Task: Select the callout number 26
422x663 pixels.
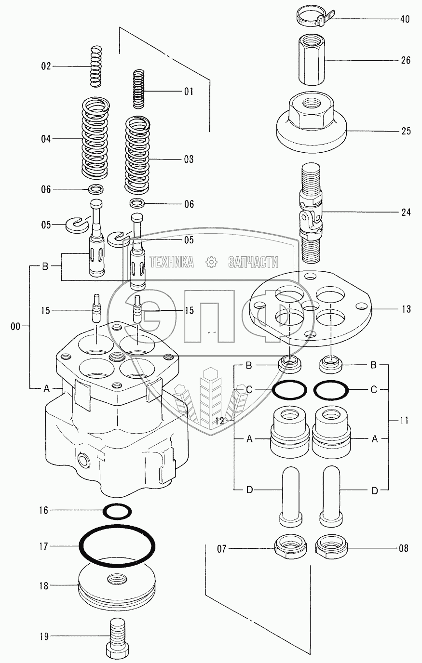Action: click(x=406, y=60)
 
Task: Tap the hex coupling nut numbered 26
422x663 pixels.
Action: click(x=313, y=60)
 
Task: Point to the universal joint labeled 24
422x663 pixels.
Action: click(x=311, y=212)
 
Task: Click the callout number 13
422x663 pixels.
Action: click(x=406, y=309)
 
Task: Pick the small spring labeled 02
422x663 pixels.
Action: click(x=95, y=66)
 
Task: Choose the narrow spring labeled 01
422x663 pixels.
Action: click(x=138, y=89)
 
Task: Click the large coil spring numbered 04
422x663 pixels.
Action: click(x=95, y=138)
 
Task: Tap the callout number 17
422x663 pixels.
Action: click(x=43, y=546)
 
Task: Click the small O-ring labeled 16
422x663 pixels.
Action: click(x=117, y=511)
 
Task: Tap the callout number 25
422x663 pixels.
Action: click(x=406, y=131)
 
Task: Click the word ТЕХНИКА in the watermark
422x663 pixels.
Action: click(x=172, y=262)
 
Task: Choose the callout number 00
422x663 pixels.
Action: click(x=15, y=327)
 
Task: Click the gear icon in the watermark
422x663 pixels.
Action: click(x=211, y=262)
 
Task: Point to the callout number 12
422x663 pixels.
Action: click(x=220, y=421)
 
